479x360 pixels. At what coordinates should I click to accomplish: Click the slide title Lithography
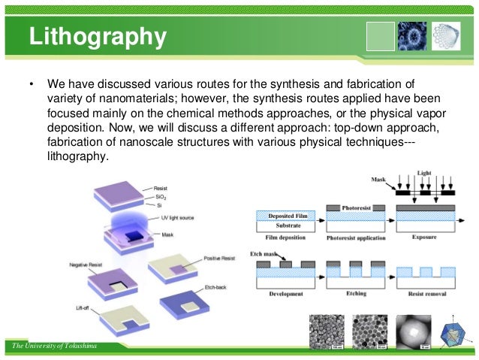tap(98, 35)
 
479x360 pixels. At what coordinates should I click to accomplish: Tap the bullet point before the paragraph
tap(31, 83)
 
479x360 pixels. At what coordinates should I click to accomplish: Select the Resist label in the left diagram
tap(161, 188)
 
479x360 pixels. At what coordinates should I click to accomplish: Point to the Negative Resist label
tap(85, 265)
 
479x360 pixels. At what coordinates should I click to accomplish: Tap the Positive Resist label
tap(221, 258)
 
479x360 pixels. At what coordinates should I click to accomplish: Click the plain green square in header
tap(381, 35)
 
